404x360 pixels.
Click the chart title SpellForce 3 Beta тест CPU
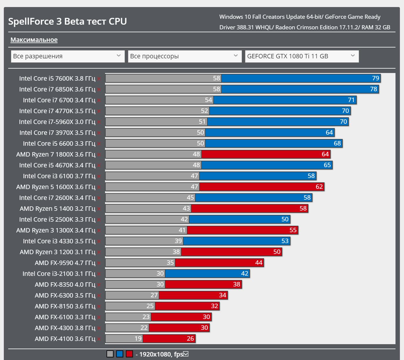[x=67, y=21]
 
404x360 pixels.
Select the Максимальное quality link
[x=34, y=40]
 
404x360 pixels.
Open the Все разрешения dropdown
[x=67, y=56]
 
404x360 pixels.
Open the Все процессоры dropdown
[x=184, y=56]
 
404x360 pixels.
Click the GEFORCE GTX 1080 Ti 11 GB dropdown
[x=302, y=56]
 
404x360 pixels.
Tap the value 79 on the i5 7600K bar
[x=376, y=78]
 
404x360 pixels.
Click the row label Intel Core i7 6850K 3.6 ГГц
[x=57, y=89]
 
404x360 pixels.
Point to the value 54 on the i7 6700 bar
[x=208, y=100]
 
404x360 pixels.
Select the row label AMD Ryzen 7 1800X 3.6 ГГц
[x=56, y=154]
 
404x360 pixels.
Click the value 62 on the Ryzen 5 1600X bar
[x=319, y=187]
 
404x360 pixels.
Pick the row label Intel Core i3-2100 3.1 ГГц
[x=59, y=274]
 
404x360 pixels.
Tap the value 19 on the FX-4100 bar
[x=138, y=339]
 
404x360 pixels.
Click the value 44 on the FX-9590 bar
[x=259, y=263]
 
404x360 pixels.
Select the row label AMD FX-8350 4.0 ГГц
[x=65, y=285]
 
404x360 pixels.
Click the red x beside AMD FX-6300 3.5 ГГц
[x=99, y=296]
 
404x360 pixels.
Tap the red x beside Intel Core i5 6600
[x=99, y=144]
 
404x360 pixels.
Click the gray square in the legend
[x=110, y=354]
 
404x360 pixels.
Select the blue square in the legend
[x=120, y=354]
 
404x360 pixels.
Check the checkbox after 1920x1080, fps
[x=186, y=354]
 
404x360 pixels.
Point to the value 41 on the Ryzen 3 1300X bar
[x=182, y=230]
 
